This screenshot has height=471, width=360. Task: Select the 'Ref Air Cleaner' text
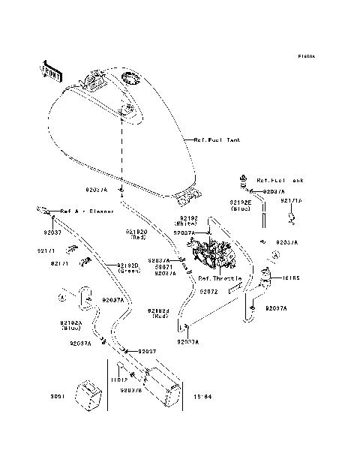pyautogui.click(x=87, y=211)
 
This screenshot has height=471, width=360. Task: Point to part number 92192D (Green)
pyautogui.click(x=128, y=267)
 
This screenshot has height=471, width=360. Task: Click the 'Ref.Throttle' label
pyautogui.click(x=216, y=277)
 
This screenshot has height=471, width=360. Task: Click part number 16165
pyautogui.click(x=290, y=277)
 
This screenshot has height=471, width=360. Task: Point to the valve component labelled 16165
pyautogui.click(x=266, y=280)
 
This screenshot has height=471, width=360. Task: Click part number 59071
pyautogui.click(x=165, y=267)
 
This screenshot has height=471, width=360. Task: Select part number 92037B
pyautogui.click(x=130, y=390)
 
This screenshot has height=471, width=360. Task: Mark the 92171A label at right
pyautogui.click(x=291, y=201)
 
